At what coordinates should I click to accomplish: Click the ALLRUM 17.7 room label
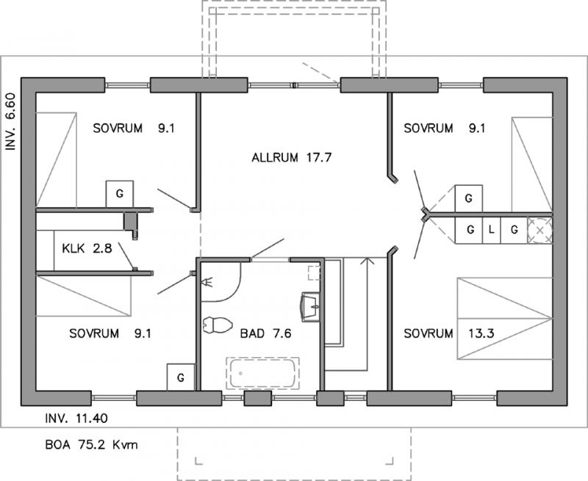[x=292, y=158]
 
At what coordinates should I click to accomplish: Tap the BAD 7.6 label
[x=265, y=333]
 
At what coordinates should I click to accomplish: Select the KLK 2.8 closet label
[x=87, y=248]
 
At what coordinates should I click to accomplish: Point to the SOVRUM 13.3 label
[x=445, y=333]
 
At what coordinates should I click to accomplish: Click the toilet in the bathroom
[x=217, y=325]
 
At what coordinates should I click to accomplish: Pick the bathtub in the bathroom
[x=262, y=374]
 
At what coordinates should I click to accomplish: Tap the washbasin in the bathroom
[x=310, y=307]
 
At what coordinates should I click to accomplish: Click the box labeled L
[x=491, y=230]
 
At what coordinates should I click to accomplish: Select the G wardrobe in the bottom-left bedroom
[x=181, y=377]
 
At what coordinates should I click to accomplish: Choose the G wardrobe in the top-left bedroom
[x=120, y=194]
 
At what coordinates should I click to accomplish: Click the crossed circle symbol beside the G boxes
[x=540, y=230]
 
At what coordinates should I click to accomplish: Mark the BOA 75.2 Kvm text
[x=91, y=445]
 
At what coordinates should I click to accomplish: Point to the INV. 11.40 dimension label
[x=76, y=418]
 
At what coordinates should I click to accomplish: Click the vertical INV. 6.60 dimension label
[x=10, y=122]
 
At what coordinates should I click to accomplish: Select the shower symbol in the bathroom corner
[x=207, y=281]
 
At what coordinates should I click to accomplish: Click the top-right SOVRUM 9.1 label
[x=445, y=128]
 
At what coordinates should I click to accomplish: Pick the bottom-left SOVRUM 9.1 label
[x=110, y=333]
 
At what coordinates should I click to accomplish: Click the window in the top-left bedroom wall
[x=127, y=85]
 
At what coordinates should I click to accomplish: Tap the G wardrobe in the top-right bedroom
[x=469, y=198]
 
